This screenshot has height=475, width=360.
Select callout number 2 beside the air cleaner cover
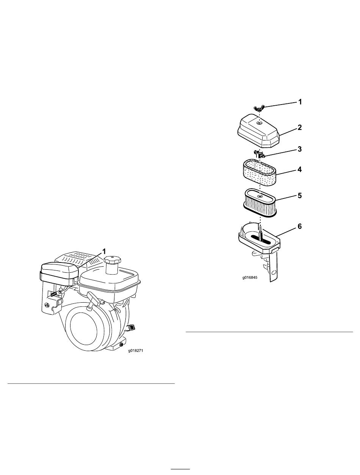299,127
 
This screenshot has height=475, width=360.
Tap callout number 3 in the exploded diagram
299,149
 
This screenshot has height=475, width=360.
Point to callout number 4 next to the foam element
299,169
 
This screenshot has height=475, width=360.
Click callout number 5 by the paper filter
299,195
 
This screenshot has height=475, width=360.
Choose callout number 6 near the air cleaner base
299,227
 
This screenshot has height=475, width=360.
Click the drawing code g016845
250,277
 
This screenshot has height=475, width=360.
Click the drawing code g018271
136,351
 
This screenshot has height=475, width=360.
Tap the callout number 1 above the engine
104,252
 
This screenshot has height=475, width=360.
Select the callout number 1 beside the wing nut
300,102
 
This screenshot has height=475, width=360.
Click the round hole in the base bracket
274,272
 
